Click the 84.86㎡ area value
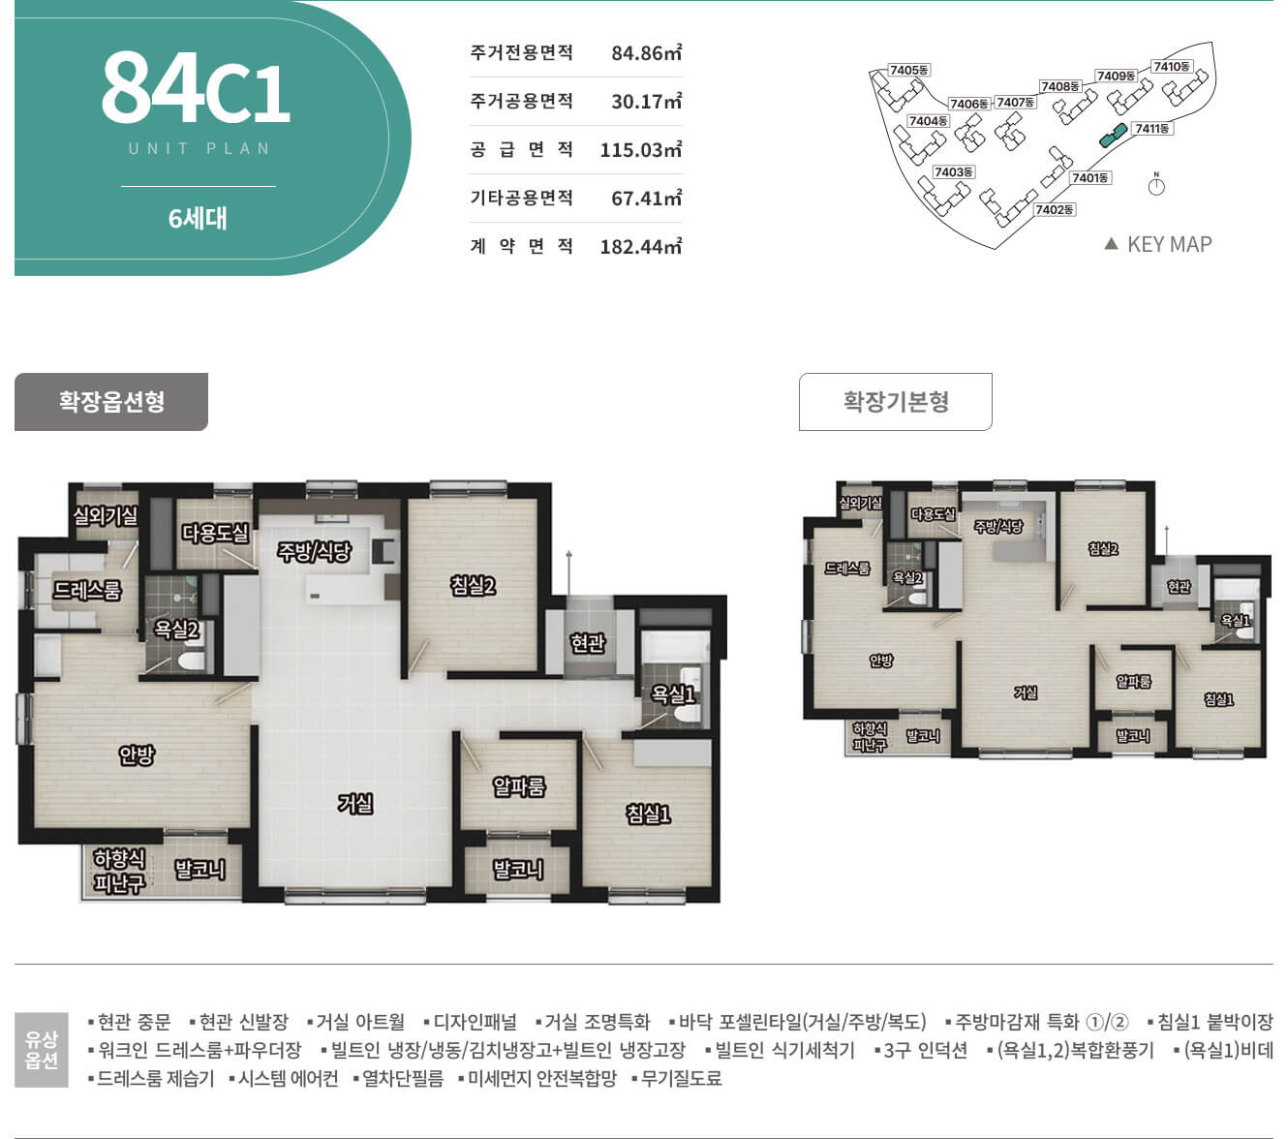(646, 52)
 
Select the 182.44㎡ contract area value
(640, 246)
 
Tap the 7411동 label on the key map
(1152, 129)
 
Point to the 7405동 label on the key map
(908, 70)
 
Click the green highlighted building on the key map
(1113, 135)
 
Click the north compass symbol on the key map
(1156, 185)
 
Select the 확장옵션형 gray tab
(111, 402)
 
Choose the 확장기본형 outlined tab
(895, 402)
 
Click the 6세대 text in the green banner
(198, 218)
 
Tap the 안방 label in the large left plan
(137, 754)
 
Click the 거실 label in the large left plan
(355, 803)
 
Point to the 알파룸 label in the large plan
(519, 786)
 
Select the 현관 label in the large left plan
(588, 643)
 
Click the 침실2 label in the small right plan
(1102, 548)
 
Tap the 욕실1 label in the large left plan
(673, 694)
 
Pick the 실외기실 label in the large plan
(105, 515)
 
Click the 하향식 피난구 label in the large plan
(119, 871)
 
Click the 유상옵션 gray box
(42, 1050)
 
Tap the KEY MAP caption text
(1169, 244)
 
